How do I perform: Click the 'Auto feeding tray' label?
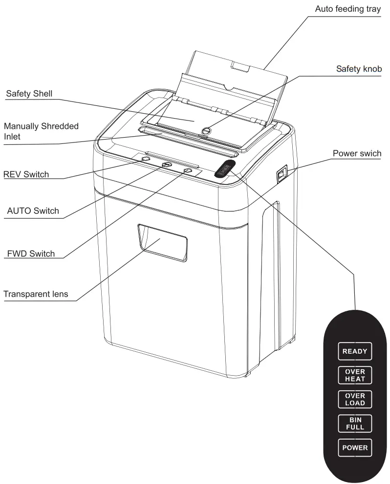point(347,9)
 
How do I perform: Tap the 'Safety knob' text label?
point(359,69)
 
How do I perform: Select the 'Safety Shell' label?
point(29,93)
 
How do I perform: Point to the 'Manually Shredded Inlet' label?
point(41,131)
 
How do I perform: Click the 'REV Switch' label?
point(26,174)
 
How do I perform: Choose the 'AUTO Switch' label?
point(33,211)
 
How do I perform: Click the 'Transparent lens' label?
point(36,294)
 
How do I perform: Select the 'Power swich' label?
point(357,154)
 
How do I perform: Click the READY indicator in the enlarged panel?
point(355,351)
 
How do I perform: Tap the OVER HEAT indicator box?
point(355,375)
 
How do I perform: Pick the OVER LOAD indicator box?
point(355,399)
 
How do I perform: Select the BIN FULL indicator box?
point(355,423)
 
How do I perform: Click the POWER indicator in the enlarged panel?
point(355,447)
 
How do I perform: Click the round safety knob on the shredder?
point(206,130)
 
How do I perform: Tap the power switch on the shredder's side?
point(282,174)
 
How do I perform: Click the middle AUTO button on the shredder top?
point(167,165)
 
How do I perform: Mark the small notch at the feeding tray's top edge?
point(239,67)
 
